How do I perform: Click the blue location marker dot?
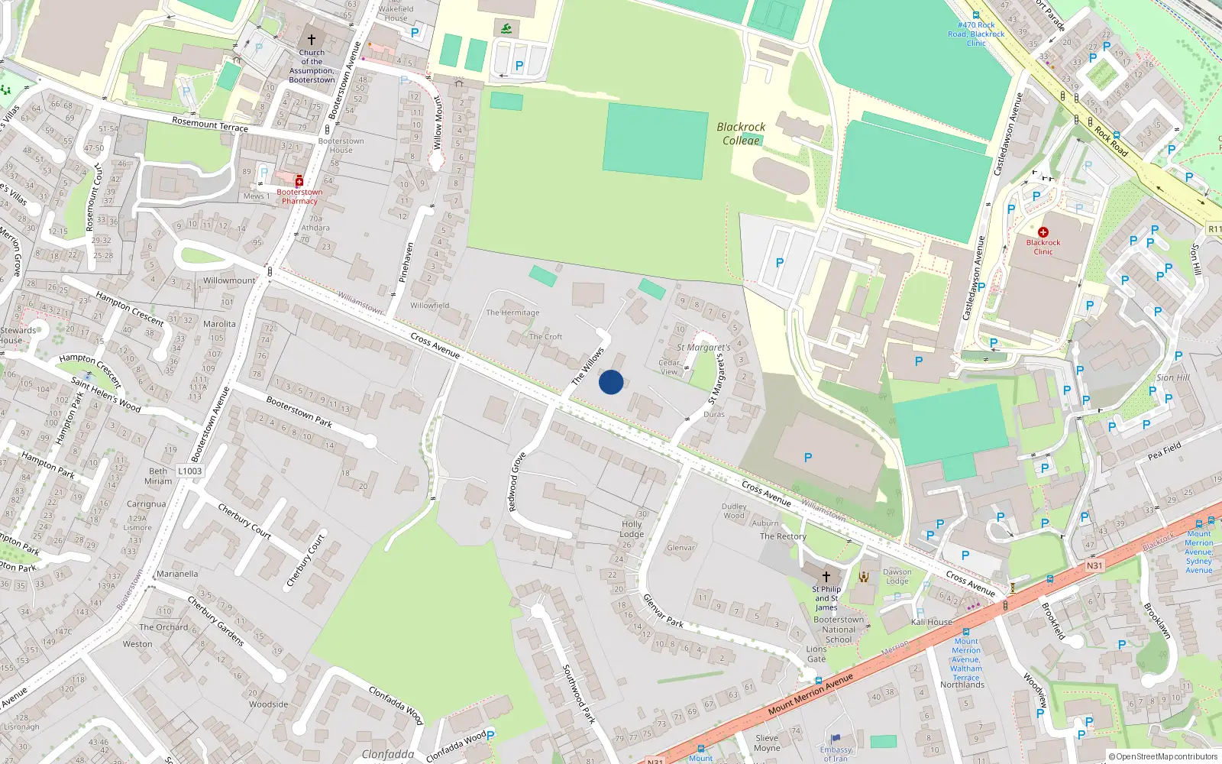tap(611, 382)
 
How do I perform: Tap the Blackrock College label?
tap(741, 133)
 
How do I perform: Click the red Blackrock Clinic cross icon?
tap(1043, 231)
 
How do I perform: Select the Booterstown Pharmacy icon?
tap(299, 181)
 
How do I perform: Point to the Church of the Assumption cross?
tap(312, 40)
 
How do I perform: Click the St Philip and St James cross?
tap(826, 577)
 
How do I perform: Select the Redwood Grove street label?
tap(517, 482)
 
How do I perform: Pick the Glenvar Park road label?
tap(663, 610)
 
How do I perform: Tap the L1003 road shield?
tap(190, 471)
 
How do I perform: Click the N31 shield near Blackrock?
tap(1094, 565)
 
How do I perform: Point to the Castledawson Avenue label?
tap(1007, 134)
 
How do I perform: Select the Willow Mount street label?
tap(438, 122)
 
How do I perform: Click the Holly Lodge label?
tap(632, 529)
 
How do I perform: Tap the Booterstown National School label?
tap(839, 630)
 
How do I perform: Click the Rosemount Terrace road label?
tap(210, 124)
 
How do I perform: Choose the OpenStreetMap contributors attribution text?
tap(1163, 756)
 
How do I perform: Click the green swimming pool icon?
tap(507, 30)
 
